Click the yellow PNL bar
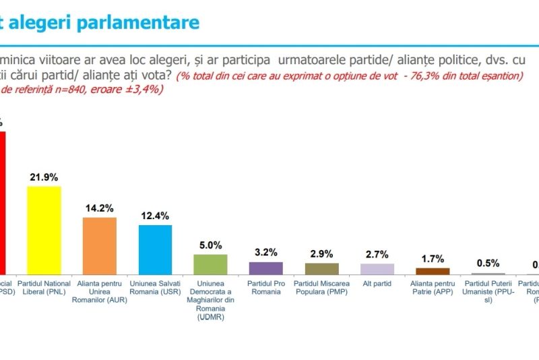pyautogui.click(x=44, y=230)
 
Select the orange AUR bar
pyautogui.click(x=99, y=245)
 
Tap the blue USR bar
pyautogui.click(x=155, y=249)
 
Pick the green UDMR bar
pyautogui.click(x=210, y=264)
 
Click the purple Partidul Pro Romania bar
pyautogui.click(x=266, y=268)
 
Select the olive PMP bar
pyautogui.click(x=321, y=268)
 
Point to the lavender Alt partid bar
pyautogui.click(x=377, y=268)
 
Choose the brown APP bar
pyautogui.click(x=433, y=270)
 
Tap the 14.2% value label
pyautogui.click(x=99, y=208)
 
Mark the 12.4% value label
pyautogui.click(x=155, y=216)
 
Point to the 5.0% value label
pyautogui.click(x=210, y=245)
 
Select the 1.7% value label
pyautogui.click(x=433, y=258)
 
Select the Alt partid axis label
pyautogui.click(x=377, y=284)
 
